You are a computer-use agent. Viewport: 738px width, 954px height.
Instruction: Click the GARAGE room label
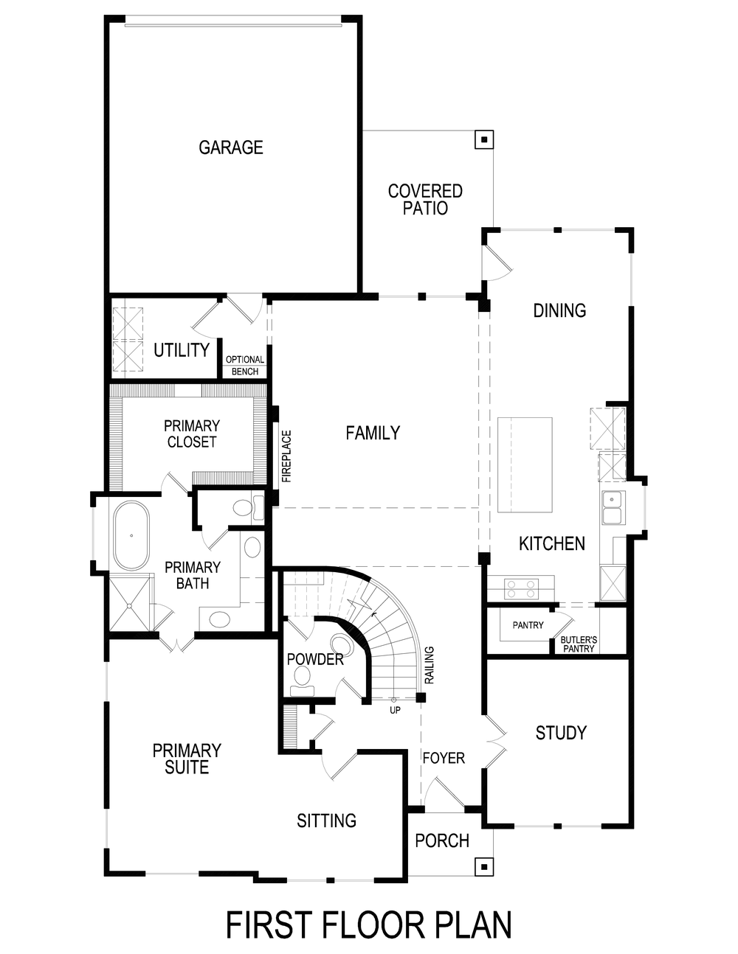(x=231, y=147)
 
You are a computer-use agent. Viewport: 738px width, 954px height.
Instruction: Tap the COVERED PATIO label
(x=425, y=200)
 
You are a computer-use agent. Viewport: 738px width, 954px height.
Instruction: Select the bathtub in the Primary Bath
(x=131, y=535)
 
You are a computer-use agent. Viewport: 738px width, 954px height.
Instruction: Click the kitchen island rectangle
(x=525, y=464)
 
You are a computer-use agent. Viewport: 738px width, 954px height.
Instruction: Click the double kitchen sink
(x=612, y=507)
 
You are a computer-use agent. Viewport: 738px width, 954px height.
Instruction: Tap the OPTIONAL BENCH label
(x=245, y=366)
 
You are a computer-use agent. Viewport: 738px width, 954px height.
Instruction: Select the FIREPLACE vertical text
(x=286, y=456)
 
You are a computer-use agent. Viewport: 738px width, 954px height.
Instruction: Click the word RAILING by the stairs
(x=430, y=665)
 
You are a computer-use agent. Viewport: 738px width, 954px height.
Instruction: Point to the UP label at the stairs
(x=395, y=711)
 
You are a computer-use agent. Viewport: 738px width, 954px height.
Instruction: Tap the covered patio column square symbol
(x=483, y=139)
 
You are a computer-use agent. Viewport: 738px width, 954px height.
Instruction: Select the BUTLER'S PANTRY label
(x=579, y=644)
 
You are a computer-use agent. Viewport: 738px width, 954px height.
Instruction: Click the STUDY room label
(x=561, y=733)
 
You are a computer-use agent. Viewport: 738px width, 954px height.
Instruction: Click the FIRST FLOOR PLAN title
(x=368, y=925)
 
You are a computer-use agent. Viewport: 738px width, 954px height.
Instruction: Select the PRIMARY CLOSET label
(x=192, y=434)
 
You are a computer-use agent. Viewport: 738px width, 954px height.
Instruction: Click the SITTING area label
(x=326, y=821)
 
